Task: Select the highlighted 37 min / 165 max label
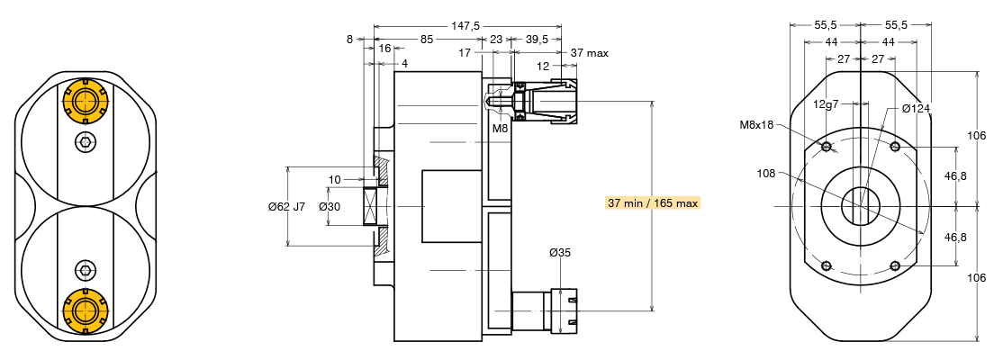[653, 202]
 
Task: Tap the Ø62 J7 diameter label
[287, 207]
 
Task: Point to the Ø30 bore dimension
[330, 207]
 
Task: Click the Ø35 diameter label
[560, 253]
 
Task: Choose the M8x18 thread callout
[757, 124]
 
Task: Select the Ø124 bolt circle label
[916, 109]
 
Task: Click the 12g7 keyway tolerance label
[826, 104]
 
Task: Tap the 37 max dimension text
[590, 53]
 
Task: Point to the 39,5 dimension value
[538, 40]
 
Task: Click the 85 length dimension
[426, 40]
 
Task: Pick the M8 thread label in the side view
[501, 129]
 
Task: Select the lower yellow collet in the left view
[85, 310]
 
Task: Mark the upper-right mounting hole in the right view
[894, 147]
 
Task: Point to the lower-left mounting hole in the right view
[826, 265]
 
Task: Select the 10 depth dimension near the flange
[334, 180]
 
